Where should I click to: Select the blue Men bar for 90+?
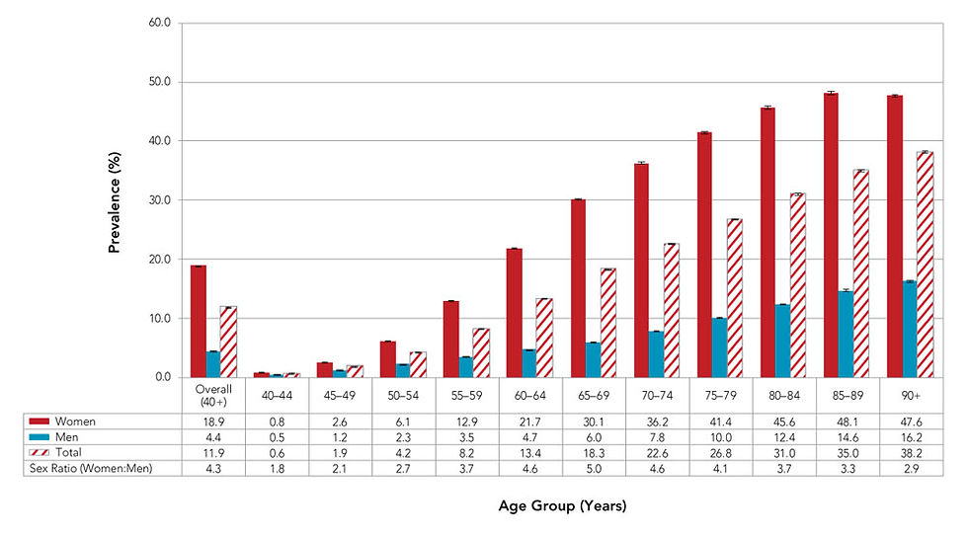click(x=909, y=330)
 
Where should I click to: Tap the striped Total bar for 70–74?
click(x=670, y=310)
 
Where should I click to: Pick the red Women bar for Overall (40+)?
click(x=199, y=322)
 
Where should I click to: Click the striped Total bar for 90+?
click(x=925, y=265)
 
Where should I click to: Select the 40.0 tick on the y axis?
click(x=158, y=141)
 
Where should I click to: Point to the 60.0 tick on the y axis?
click(x=158, y=23)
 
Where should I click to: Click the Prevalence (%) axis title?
click(x=115, y=200)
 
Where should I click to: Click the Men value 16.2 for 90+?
click(x=910, y=437)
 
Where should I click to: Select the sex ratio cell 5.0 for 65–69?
click(x=593, y=469)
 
